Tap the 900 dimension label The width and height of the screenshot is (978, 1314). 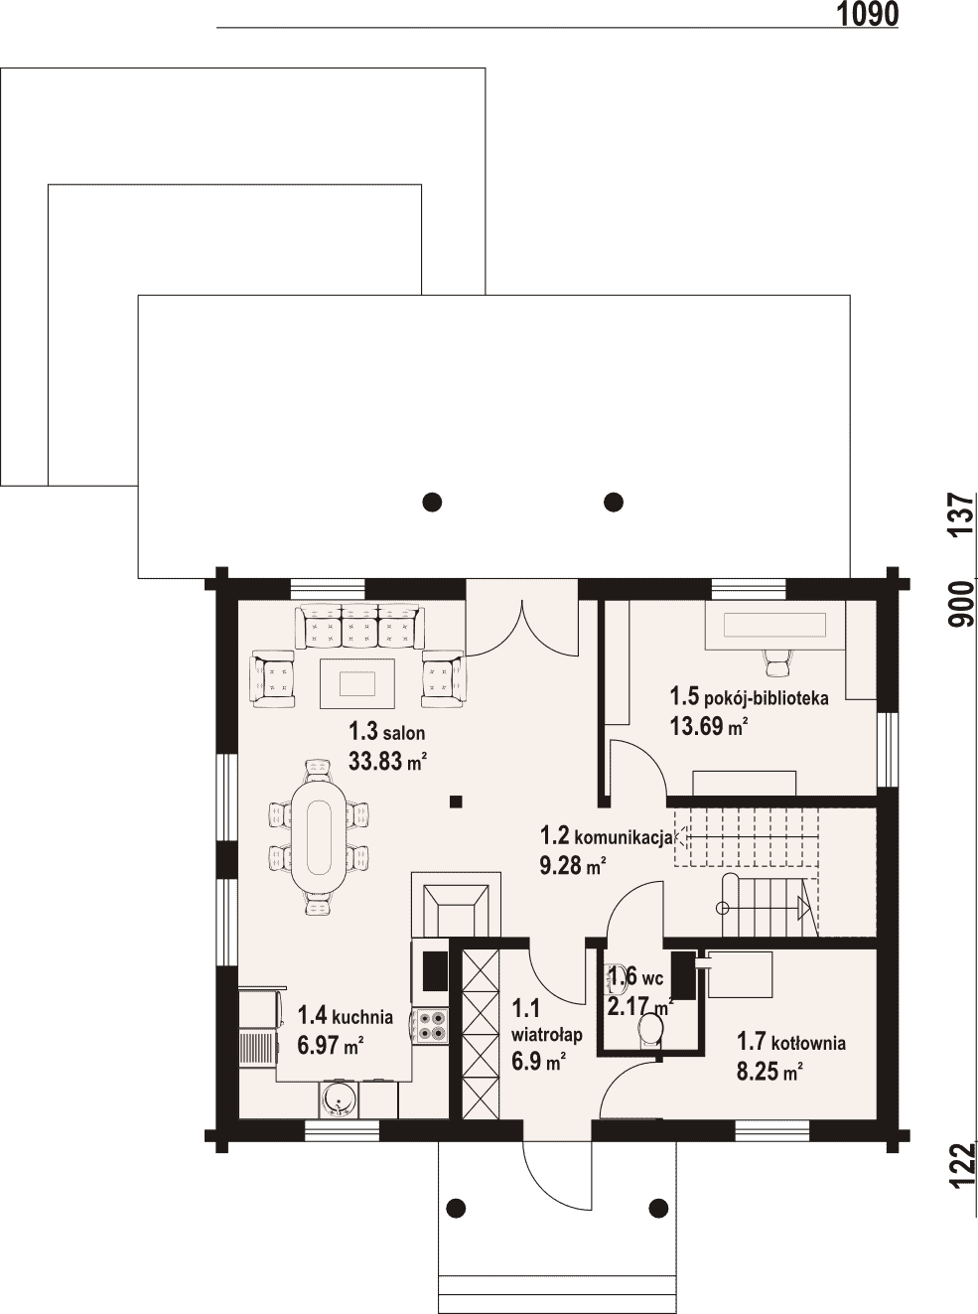point(961,605)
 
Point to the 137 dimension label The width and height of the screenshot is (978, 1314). point(961,514)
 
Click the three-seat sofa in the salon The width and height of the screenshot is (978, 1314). point(359,626)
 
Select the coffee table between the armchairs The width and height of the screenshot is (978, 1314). point(357,684)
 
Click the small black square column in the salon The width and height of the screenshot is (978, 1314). point(456,803)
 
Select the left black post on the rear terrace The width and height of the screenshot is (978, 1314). point(433,503)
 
